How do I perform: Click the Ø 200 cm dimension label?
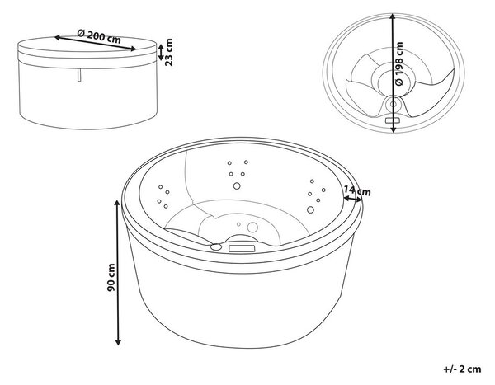click(x=99, y=36)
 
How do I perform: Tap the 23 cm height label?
click(x=169, y=52)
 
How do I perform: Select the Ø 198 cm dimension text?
click(x=399, y=63)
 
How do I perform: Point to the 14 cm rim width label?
click(x=357, y=190)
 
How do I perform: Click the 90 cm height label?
click(x=111, y=278)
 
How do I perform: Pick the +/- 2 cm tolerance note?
click(x=462, y=369)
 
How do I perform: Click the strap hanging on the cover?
click(x=79, y=75)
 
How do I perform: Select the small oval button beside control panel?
click(x=216, y=246)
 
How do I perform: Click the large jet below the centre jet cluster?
click(x=237, y=185)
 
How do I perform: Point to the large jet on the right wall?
click(x=310, y=210)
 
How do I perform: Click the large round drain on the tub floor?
click(x=252, y=227)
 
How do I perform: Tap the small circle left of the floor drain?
click(x=238, y=224)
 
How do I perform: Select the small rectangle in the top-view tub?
click(x=393, y=120)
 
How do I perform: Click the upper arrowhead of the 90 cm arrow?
click(x=117, y=203)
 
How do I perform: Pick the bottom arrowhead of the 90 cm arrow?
click(x=118, y=341)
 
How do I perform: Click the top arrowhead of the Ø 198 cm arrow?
click(x=393, y=16)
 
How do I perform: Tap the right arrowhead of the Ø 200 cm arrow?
click(x=133, y=49)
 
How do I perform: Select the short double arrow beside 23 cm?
click(x=160, y=52)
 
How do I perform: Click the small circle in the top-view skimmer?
click(x=393, y=104)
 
